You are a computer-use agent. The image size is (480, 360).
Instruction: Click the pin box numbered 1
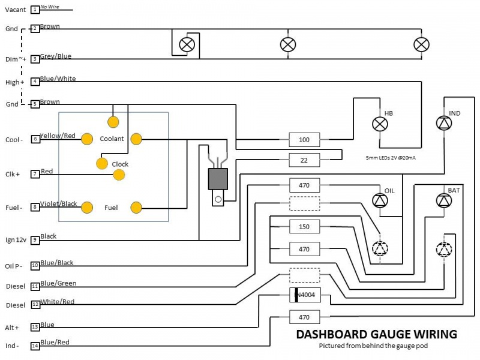click(x=35, y=10)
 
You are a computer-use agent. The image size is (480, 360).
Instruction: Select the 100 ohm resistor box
click(x=304, y=140)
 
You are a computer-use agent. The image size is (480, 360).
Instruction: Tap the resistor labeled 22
click(x=304, y=160)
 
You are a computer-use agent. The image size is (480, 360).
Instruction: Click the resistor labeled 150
click(x=304, y=227)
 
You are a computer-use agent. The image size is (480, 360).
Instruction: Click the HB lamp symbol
click(x=380, y=124)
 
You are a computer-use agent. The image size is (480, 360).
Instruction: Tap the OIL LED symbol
click(x=380, y=201)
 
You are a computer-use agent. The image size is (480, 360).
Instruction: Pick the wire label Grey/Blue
click(x=56, y=56)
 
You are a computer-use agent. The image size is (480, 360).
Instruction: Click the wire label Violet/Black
click(x=59, y=204)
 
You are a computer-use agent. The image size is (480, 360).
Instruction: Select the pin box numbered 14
click(x=35, y=346)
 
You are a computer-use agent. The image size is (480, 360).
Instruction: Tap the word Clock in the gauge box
click(x=120, y=164)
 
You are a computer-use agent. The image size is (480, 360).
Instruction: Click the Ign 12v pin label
click(x=16, y=240)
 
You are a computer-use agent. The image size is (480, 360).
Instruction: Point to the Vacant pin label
click(x=16, y=10)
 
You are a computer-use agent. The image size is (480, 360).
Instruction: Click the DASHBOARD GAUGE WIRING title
click(x=376, y=334)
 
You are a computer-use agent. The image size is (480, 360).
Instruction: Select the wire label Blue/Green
click(x=58, y=283)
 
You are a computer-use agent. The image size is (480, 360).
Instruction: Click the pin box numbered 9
click(x=35, y=240)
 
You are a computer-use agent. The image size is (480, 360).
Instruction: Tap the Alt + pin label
click(x=13, y=328)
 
